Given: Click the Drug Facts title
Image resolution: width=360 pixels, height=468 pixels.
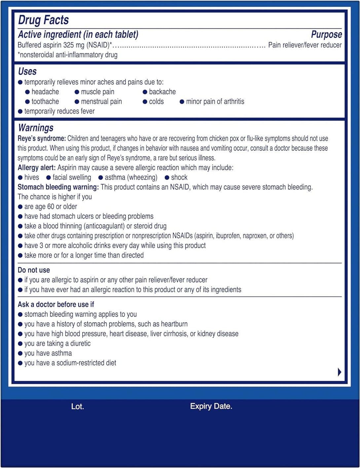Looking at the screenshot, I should click(x=43, y=20).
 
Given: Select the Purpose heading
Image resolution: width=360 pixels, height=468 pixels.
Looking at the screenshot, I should click(x=326, y=34).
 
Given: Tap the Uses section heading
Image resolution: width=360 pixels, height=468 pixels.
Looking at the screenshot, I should click(x=27, y=71).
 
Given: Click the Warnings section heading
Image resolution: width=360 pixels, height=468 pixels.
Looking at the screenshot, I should click(x=36, y=128).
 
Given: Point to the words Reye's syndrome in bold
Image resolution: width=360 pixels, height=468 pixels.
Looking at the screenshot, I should click(x=42, y=138).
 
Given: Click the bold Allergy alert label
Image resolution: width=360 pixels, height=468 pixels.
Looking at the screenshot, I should click(x=37, y=167).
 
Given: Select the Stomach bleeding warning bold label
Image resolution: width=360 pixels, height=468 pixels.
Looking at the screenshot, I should click(x=58, y=187).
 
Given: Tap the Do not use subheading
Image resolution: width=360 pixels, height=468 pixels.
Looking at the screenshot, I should click(x=34, y=270).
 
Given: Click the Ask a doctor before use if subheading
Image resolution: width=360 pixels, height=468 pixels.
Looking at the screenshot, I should click(x=56, y=304).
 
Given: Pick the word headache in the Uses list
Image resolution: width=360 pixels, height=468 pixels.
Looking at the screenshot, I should click(x=45, y=92).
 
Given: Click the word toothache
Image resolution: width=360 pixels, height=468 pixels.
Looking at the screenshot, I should click(x=45, y=101).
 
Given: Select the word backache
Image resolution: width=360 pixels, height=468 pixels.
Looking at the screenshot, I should click(x=162, y=92).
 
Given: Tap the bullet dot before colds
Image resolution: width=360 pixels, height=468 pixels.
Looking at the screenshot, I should click(x=145, y=102).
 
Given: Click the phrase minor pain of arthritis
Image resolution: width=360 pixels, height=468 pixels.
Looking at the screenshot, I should click(x=215, y=101).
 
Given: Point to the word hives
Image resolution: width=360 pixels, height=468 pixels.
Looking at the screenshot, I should click(x=32, y=177).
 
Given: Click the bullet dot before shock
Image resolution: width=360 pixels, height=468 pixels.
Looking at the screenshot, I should click(x=167, y=178).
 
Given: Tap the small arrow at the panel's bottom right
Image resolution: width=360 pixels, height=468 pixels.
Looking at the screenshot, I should click(x=340, y=372).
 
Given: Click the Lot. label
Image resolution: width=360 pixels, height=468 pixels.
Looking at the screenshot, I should click(x=78, y=407).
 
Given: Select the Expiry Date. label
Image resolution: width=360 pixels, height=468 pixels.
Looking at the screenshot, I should click(x=211, y=406).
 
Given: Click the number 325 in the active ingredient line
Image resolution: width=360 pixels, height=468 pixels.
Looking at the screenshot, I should click(x=68, y=45).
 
